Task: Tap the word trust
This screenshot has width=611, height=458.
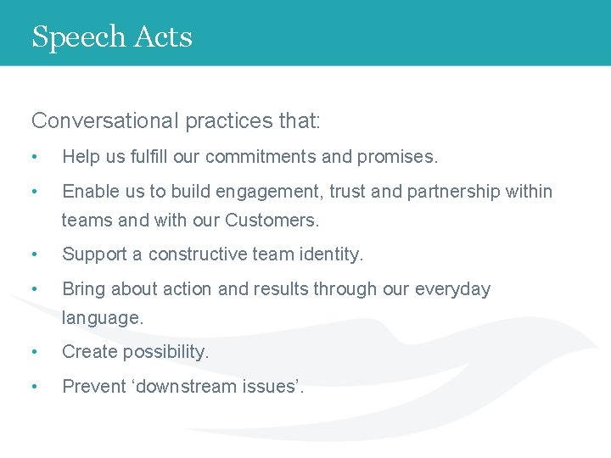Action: pos(347,192)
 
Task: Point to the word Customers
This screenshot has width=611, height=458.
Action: pos(272,221)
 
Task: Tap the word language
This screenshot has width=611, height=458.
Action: pos(103,318)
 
